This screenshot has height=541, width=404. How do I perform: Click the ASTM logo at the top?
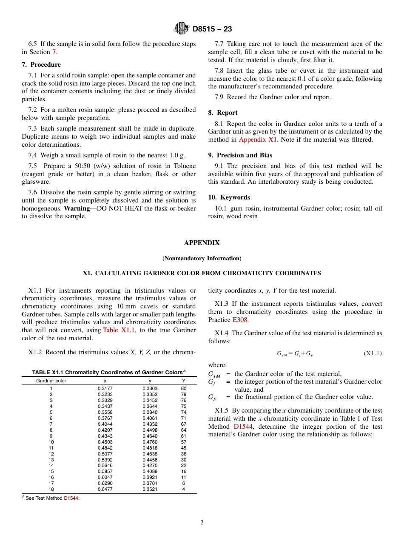click(x=181, y=28)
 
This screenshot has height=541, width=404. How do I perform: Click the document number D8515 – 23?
click(x=212, y=29)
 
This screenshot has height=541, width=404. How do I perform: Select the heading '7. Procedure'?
click(x=41, y=65)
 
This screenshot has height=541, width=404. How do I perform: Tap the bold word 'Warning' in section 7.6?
click(x=79, y=208)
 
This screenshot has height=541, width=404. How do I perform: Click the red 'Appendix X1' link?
click(x=258, y=140)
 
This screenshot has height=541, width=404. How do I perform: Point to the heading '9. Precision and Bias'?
click(x=240, y=155)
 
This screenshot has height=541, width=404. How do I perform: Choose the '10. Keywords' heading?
click(x=229, y=197)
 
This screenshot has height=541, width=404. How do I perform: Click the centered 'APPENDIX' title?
click(x=202, y=243)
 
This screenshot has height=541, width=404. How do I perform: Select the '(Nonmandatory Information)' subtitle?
click(x=202, y=258)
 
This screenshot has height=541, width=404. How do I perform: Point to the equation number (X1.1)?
click(x=373, y=353)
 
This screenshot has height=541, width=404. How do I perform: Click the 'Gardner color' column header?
click(x=51, y=381)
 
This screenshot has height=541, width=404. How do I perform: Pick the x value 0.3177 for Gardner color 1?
click(x=105, y=388)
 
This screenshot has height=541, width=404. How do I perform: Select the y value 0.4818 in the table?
click(x=150, y=448)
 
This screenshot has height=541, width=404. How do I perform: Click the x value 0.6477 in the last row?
click(x=105, y=489)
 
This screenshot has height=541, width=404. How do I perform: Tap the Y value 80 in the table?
click(x=183, y=388)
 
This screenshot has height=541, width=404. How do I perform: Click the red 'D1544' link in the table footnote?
click(x=71, y=498)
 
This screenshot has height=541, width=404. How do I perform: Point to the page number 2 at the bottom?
click(x=202, y=523)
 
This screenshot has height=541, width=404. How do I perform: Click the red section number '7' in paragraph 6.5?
click(x=54, y=52)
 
